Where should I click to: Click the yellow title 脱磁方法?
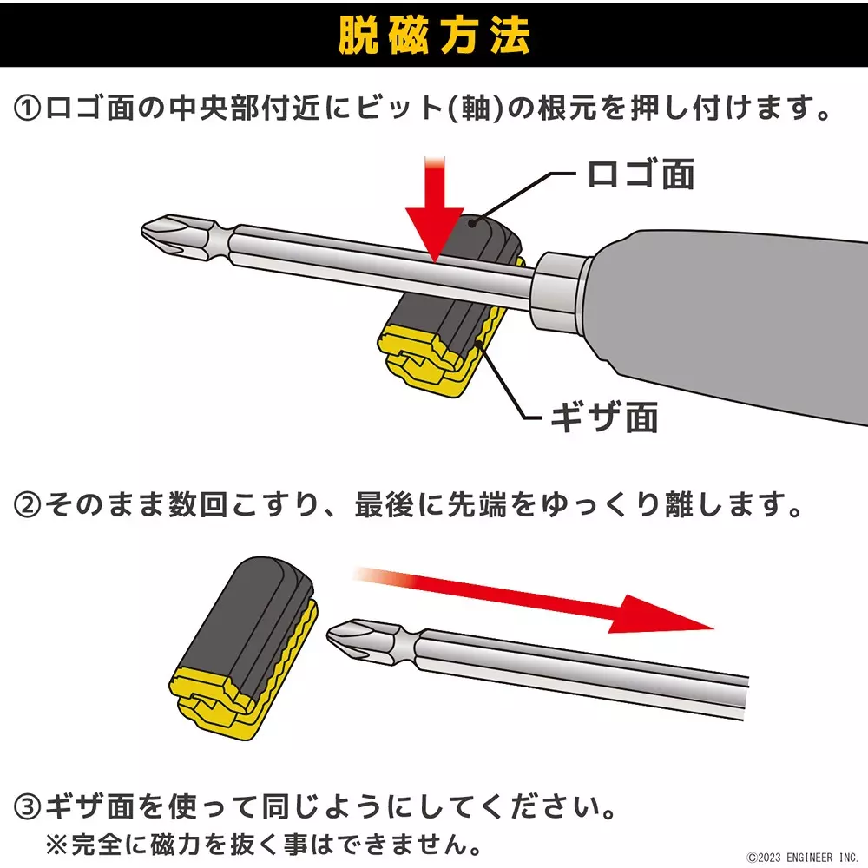point(433,34)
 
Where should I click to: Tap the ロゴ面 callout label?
point(640,174)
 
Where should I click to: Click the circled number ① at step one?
point(28,110)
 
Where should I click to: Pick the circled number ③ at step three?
point(28,809)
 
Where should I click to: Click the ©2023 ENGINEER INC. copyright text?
point(802,857)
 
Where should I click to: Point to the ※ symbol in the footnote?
point(54,843)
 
